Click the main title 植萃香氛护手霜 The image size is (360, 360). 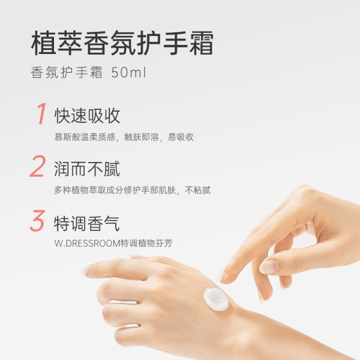pos(122,43)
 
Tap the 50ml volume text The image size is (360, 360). pos(128,73)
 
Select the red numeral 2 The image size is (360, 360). pos(38,166)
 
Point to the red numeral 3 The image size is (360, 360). pos(38,220)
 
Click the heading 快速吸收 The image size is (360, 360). pos(87,116)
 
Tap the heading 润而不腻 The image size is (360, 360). pos(87,169)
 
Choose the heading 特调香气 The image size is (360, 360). pos(87,223)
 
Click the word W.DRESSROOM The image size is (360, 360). pos(88,243)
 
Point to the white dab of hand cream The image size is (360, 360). pos(216,299)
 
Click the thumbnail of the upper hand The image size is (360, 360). pos(269,267)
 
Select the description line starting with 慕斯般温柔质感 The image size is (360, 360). pos(124,137)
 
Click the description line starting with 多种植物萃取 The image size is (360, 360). pos(132,190)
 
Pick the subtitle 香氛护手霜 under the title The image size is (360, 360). pos(67,73)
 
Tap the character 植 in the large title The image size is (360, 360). pos(44,43)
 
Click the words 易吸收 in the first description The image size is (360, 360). pos(181,137)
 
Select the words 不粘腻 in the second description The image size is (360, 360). pos(197,190)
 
